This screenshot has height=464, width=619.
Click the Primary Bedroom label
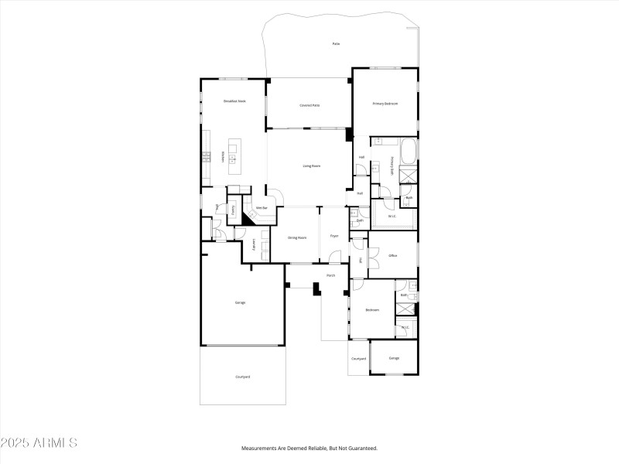(x=385, y=104)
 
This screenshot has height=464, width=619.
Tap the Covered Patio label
(x=310, y=105)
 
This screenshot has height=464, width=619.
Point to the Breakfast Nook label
(x=234, y=101)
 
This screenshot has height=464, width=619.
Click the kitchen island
(x=234, y=157)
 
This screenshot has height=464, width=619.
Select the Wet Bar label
(x=262, y=208)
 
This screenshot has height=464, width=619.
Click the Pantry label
(x=233, y=209)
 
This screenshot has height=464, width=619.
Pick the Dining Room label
(x=297, y=237)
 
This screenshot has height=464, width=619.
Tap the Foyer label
(x=334, y=236)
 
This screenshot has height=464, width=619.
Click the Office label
(x=393, y=255)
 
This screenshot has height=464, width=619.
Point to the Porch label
(x=330, y=275)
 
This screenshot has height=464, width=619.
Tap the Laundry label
(x=255, y=245)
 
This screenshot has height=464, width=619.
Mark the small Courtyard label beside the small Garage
(x=358, y=359)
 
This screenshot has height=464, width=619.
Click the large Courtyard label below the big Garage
(x=242, y=377)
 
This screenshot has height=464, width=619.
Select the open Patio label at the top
(x=336, y=44)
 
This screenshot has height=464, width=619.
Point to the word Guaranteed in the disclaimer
(x=360, y=448)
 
